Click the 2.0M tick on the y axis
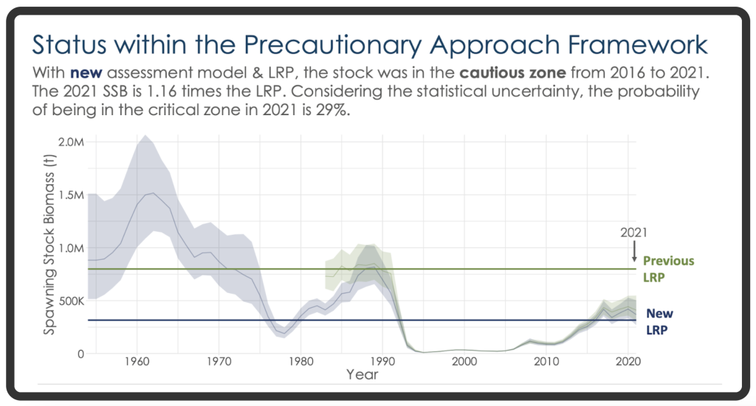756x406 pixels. pos(70,142)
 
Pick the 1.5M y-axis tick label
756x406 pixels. pos(70,195)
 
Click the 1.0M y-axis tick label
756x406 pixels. pos(70,248)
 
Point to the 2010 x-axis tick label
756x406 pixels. pos(546,362)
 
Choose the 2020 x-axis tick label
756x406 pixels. pos(628,362)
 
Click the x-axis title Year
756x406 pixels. pos(362,375)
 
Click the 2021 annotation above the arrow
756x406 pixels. pos(633,233)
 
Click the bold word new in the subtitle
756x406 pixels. pos(86,75)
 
